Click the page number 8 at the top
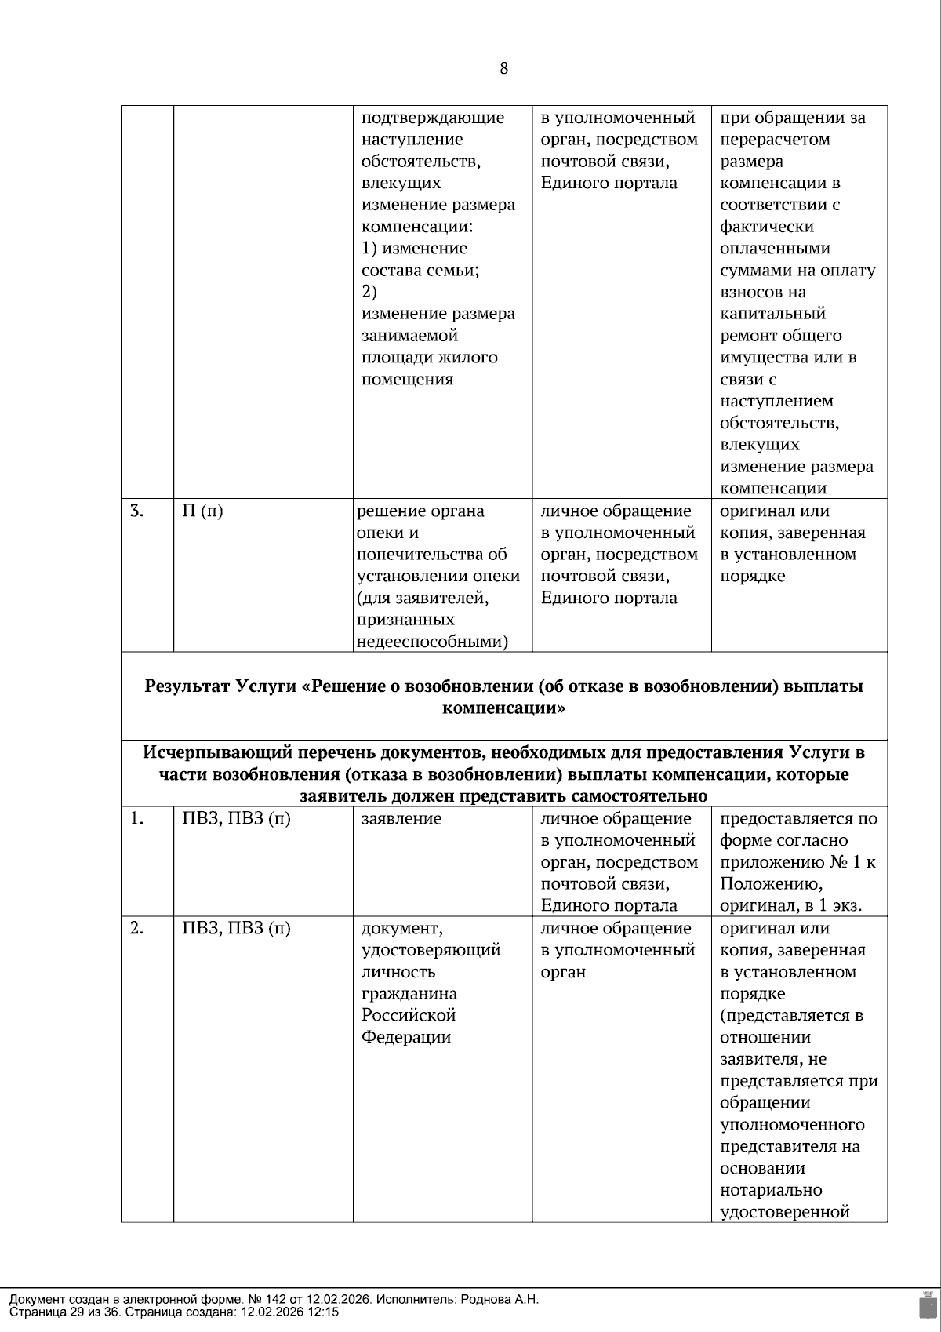coord(503,68)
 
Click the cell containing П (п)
coord(202,511)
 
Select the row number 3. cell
coord(137,511)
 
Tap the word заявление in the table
coord(401,819)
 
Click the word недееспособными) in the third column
coord(431,642)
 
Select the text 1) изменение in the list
coord(414,249)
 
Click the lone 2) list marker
coord(369,292)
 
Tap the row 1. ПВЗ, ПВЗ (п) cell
coord(236,819)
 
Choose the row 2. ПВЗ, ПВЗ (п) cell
coord(236,929)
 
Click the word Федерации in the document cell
coord(405,1038)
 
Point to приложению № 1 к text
coord(797,863)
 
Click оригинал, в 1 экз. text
coord(790,906)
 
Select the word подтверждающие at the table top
coord(432,118)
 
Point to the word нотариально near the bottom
coord(771,1190)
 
